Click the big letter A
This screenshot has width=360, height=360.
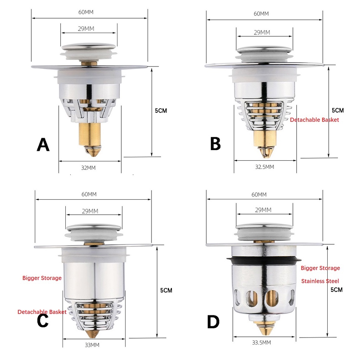[x=43, y=144]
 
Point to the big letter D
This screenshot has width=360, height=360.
[x=213, y=321]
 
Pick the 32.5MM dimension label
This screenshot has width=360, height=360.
[x=264, y=167]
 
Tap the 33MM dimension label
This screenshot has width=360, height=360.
[x=92, y=345]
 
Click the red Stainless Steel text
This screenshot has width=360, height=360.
[x=320, y=281]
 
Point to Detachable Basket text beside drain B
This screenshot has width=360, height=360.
[x=314, y=120]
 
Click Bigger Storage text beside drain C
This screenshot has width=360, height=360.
[x=42, y=278]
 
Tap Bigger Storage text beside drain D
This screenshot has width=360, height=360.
[x=320, y=268]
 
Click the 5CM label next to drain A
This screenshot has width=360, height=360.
[x=161, y=110]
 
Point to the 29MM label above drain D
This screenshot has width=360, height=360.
[x=263, y=210]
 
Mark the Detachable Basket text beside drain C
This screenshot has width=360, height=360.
[x=42, y=312]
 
